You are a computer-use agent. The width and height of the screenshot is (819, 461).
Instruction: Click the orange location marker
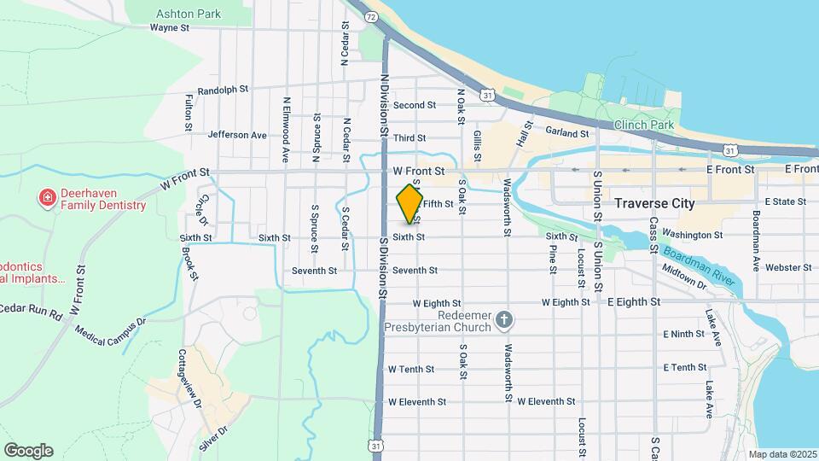pyautogui.click(x=409, y=205)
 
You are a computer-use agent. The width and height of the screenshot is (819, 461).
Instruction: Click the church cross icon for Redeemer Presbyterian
pyautogui.click(x=504, y=319)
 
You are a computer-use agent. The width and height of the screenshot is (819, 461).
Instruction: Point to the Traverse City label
pyautogui.click(x=654, y=204)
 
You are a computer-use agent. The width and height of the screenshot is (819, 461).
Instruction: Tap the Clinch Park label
pyautogui.click(x=644, y=125)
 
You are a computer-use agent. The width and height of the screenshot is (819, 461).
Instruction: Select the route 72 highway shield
pyautogui.click(x=370, y=16)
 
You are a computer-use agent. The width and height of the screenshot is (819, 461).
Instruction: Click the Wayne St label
pyautogui.click(x=168, y=27)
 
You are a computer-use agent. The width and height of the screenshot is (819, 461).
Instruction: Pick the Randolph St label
pyautogui.click(x=222, y=90)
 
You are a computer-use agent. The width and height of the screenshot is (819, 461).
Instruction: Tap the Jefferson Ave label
pyautogui.click(x=237, y=135)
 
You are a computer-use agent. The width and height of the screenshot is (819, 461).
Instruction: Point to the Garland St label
pyautogui.click(x=567, y=133)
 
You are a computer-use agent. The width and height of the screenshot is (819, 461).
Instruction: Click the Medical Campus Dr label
pyautogui.click(x=111, y=329)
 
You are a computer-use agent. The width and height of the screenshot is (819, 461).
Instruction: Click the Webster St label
pyautogui.click(x=781, y=267)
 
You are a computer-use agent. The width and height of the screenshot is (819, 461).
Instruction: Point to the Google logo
pyautogui.click(x=28, y=451)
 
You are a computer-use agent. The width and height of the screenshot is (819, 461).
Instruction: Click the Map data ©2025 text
pyautogui.click(x=783, y=454)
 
